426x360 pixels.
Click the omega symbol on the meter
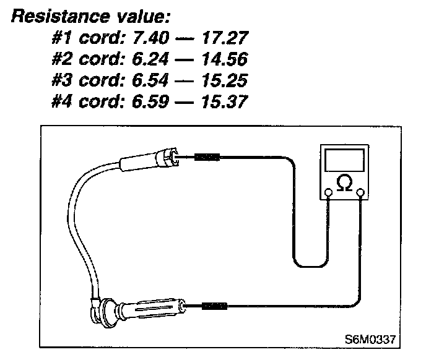(344, 183)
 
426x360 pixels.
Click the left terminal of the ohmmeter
(329, 193)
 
